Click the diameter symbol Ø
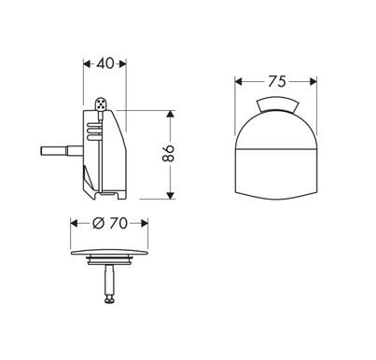[x=99, y=224]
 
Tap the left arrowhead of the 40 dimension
[x=87, y=64]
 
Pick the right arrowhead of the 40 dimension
[x=124, y=64]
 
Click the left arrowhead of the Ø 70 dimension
[x=76, y=224]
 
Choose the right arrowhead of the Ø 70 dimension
[x=147, y=224]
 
